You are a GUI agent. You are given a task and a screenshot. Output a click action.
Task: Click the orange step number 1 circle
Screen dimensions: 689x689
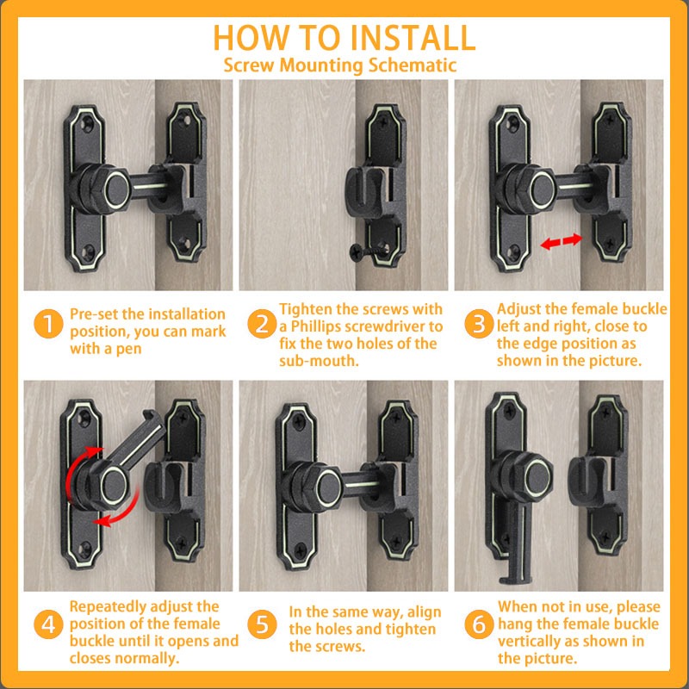[x=48, y=324]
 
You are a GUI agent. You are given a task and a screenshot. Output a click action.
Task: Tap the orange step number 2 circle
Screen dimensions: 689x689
[x=262, y=324]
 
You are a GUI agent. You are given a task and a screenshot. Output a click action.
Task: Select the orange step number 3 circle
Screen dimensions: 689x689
[x=479, y=324]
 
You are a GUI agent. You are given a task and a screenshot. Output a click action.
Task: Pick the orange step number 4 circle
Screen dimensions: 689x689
[x=48, y=624]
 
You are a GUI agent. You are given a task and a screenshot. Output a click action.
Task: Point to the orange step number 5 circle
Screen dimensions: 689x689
[x=262, y=624]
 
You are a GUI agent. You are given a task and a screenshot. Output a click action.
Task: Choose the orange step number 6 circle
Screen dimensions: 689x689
[x=479, y=624]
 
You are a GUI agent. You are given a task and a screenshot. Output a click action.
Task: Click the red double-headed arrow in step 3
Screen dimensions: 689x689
[x=561, y=241]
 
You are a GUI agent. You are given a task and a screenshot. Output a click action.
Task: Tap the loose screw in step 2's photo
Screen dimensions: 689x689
[x=369, y=251]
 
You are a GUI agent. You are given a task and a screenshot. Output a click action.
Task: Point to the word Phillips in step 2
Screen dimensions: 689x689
[x=317, y=326]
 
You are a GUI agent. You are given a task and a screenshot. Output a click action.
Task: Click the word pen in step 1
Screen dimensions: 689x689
[x=128, y=350]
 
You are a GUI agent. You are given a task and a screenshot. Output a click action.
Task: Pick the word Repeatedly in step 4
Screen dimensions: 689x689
[x=105, y=607]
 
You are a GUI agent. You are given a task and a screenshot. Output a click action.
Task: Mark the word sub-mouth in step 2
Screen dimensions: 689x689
[x=319, y=361]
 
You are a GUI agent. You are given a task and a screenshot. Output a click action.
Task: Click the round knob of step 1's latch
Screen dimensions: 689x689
[x=116, y=189]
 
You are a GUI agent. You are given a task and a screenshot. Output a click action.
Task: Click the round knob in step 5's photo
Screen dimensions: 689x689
[x=329, y=487]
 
